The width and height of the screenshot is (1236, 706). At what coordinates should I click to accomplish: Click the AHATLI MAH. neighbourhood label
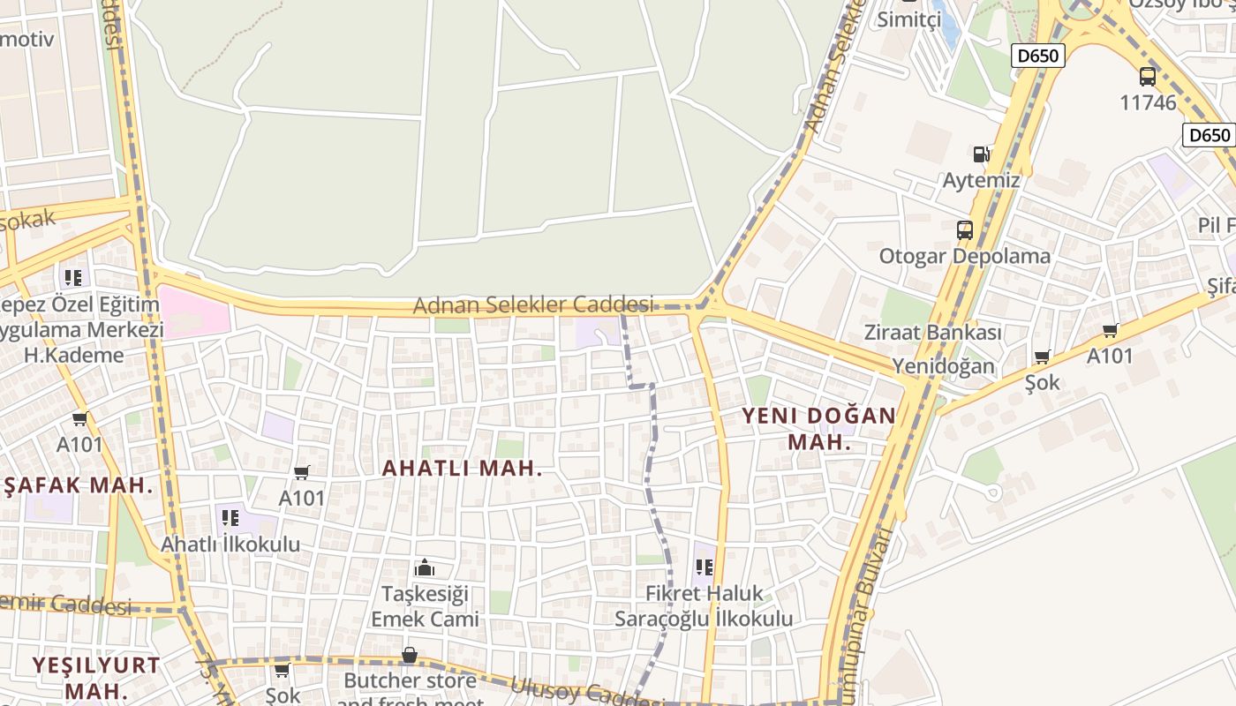click(x=462, y=469)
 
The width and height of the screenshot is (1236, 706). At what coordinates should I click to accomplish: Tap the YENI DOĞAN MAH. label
click(x=818, y=429)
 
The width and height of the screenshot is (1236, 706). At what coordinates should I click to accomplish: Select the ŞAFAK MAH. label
click(x=79, y=484)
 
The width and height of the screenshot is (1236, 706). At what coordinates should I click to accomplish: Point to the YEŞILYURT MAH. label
click(x=97, y=677)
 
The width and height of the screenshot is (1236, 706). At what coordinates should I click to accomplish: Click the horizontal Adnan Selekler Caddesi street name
click(x=533, y=305)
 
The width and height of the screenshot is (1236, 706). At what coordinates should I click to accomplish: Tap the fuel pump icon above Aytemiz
click(x=981, y=154)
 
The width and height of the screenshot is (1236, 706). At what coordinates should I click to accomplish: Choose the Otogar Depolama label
click(x=964, y=256)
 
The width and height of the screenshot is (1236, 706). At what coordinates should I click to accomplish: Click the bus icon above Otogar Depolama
click(x=965, y=230)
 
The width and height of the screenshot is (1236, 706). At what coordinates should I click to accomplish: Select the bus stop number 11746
click(x=1148, y=102)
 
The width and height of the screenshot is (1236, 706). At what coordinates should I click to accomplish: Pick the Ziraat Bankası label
click(x=932, y=333)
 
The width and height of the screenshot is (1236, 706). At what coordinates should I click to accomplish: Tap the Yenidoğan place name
click(x=943, y=365)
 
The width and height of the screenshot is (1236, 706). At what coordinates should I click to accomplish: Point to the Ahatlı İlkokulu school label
click(x=230, y=544)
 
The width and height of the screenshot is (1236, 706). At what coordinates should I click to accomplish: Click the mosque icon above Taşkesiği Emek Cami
click(x=425, y=567)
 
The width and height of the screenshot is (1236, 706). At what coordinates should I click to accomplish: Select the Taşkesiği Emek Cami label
click(x=425, y=605)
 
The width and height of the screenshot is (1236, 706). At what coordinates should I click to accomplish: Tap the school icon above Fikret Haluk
click(x=704, y=567)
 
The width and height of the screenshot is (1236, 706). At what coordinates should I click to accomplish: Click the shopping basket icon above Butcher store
click(x=410, y=656)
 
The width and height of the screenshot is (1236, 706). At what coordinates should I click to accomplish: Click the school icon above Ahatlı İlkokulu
click(x=230, y=518)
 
